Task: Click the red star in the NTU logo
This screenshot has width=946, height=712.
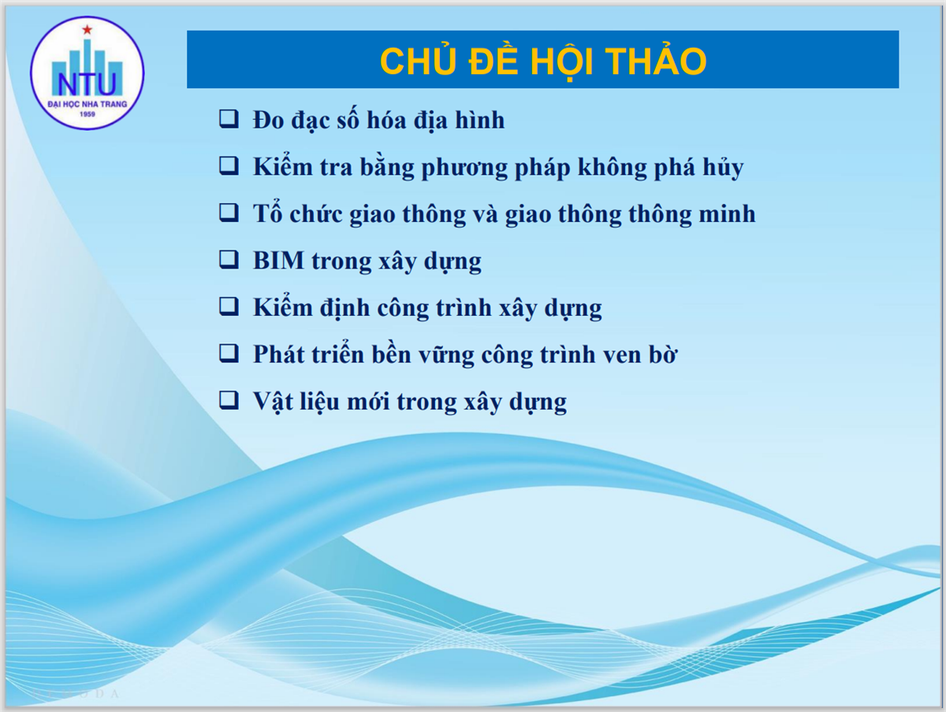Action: (88, 30)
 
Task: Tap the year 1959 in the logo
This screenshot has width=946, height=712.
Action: (88, 114)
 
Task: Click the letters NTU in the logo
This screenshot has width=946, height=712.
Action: (87, 83)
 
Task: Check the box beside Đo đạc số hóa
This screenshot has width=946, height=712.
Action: (229, 119)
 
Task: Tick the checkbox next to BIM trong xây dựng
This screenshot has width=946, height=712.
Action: (229, 260)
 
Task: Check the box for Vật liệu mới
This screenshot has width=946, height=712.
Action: (229, 400)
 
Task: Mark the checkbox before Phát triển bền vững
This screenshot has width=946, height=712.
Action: (229, 354)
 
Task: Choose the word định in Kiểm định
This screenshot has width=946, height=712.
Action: (345, 308)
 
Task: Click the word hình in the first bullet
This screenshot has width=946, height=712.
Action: (479, 120)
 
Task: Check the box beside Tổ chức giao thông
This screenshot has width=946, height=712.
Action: (229, 213)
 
